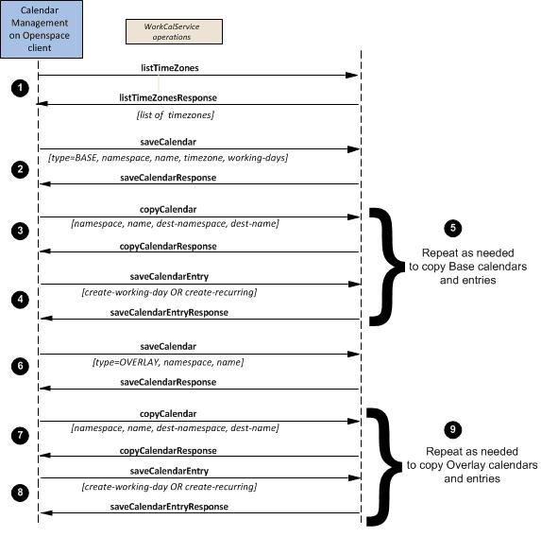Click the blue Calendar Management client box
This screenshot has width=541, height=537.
(x=42, y=29)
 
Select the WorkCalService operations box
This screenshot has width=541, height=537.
(x=174, y=31)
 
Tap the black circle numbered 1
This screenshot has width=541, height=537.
(x=20, y=88)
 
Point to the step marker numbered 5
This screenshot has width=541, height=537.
(x=452, y=228)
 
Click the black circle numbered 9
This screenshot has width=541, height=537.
(x=452, y=429)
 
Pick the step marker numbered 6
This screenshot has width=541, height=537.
(x=20, y=366)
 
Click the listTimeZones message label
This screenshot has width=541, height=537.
(x=170, y=68)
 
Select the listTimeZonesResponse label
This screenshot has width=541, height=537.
(x=168, y=97)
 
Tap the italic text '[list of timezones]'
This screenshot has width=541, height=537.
(x=176, y=114)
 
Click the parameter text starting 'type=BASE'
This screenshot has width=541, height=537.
(x=168, y=158)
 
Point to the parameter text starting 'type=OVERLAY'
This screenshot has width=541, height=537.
(x=168, y=362)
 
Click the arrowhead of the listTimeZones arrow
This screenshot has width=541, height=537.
(x=352, y=76)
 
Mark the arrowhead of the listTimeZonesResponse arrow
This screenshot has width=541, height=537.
(x=42, y=103)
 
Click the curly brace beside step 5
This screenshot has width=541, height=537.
(x=386, y=267)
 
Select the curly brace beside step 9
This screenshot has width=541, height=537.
(x=383, y=467)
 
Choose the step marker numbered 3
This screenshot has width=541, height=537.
(x=20, y=231)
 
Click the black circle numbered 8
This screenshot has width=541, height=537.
(x=20, y=492)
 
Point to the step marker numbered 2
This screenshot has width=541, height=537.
(x=20, y=169)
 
